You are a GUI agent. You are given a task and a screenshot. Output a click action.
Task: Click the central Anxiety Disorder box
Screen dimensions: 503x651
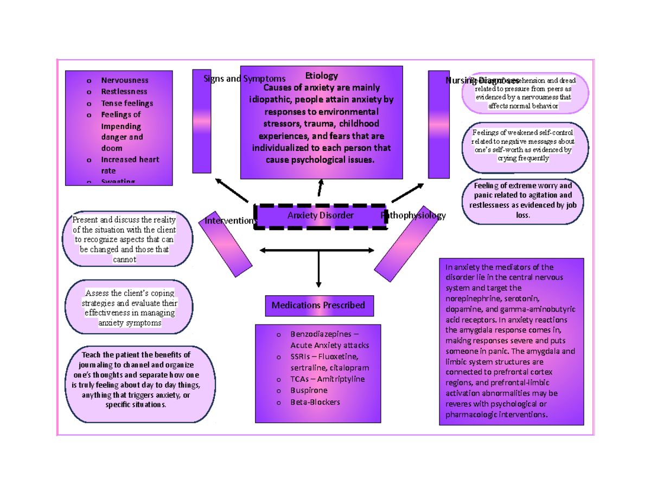[320, 216]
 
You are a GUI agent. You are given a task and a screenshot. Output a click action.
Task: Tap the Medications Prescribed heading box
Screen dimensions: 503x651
[318, 305]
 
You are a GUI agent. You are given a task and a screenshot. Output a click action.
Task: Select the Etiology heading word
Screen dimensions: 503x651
[322, 75]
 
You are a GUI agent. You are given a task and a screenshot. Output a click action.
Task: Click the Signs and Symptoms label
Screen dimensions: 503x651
[244, 79]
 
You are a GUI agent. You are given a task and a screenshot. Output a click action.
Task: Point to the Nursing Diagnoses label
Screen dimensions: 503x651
[482, 80]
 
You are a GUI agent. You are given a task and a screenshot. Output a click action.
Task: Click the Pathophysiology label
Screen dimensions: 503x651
[413, 216]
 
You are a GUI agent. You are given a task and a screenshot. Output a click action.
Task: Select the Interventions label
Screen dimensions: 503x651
[230, 221]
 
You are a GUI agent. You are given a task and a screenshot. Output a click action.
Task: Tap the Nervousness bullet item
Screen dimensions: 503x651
[124, 80]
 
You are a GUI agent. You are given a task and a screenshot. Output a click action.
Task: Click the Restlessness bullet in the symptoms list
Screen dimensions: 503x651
[124, 92]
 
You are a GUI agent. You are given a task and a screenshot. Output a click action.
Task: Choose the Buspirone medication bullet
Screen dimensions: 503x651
[309, 390]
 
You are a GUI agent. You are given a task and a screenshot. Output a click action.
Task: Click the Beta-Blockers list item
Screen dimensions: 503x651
[315, 402]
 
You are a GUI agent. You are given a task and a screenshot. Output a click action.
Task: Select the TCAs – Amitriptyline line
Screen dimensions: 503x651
[327, 379]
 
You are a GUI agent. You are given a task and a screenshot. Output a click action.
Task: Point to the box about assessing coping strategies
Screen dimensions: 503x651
[130, 308]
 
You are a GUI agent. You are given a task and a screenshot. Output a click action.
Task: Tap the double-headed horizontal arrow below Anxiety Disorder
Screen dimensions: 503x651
[317, 250]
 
